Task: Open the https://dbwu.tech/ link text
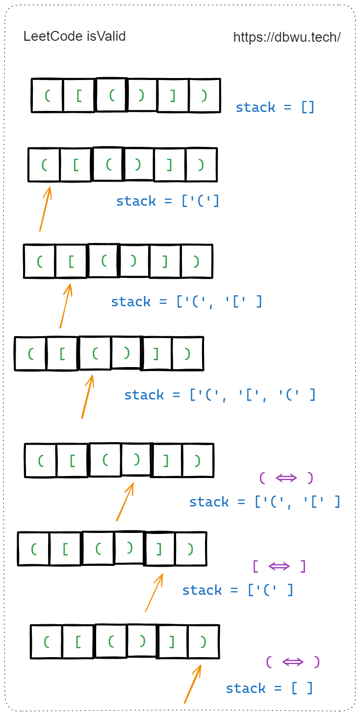tap(287, 37)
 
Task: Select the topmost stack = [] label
tap(275, 107)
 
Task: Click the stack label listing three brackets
tap(220, 395)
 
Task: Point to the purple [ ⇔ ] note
tap(279, 566)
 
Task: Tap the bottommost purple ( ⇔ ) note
tap(293, 662)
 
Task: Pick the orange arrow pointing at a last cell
tap(193, 684)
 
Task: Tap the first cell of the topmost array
tap(48, 95)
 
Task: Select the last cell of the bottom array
tap(203, 641)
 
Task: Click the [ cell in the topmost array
tap(79, 95)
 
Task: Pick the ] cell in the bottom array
tap(172, 641)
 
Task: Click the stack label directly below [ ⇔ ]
tap(237, 590)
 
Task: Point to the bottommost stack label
tap(269, 689)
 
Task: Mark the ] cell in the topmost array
tap(173, 95)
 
